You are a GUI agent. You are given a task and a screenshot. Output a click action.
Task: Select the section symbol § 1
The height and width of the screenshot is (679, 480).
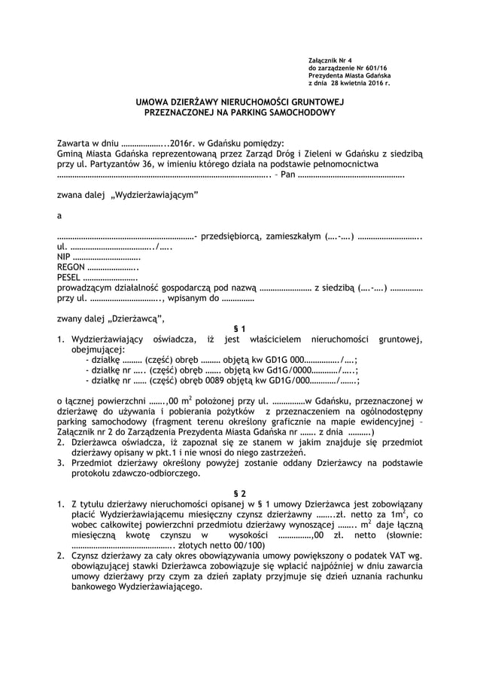[239, 329]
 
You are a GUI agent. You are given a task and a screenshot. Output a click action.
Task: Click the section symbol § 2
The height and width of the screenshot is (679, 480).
[239, 492]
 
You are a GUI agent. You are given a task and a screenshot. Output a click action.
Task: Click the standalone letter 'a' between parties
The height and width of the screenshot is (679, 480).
[59, 215]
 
